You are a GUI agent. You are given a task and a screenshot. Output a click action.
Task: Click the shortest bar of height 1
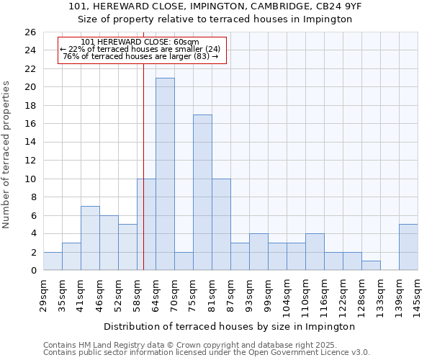tap(371, 266)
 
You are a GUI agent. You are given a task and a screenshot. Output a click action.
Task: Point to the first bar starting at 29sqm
tap(53, 261)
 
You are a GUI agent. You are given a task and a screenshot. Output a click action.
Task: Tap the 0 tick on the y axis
tap(32, 271)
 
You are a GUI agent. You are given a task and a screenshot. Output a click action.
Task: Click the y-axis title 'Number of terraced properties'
tap(7, 155)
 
